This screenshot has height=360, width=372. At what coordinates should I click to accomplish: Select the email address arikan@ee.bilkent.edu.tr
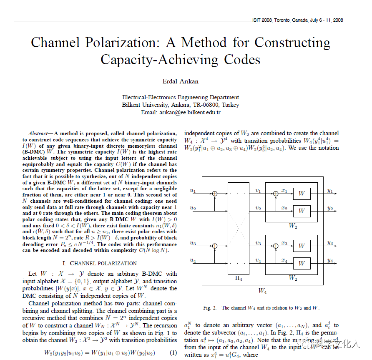tap(190, 112)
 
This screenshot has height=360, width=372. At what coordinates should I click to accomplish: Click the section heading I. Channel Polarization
tap(99, 263)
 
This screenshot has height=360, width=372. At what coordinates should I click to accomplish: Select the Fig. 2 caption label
tap(210, 308)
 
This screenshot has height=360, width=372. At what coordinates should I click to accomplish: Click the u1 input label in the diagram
tap(193, 191)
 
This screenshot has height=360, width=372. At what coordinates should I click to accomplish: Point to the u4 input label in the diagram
tap(193, 261)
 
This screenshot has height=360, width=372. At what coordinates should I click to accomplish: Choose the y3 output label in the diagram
tap(330, 243)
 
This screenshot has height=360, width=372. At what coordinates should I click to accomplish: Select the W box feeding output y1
tap(302, 194)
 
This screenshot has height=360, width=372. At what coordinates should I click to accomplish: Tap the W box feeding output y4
tap(302, 264)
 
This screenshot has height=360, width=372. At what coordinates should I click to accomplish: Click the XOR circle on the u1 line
tap(215, 194)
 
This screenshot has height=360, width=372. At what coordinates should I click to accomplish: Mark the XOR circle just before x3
tap(276, 246)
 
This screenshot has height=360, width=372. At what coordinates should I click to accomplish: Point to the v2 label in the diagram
tap(258, 208)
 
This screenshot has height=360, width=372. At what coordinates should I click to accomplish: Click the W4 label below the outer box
tap(262, 291)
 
